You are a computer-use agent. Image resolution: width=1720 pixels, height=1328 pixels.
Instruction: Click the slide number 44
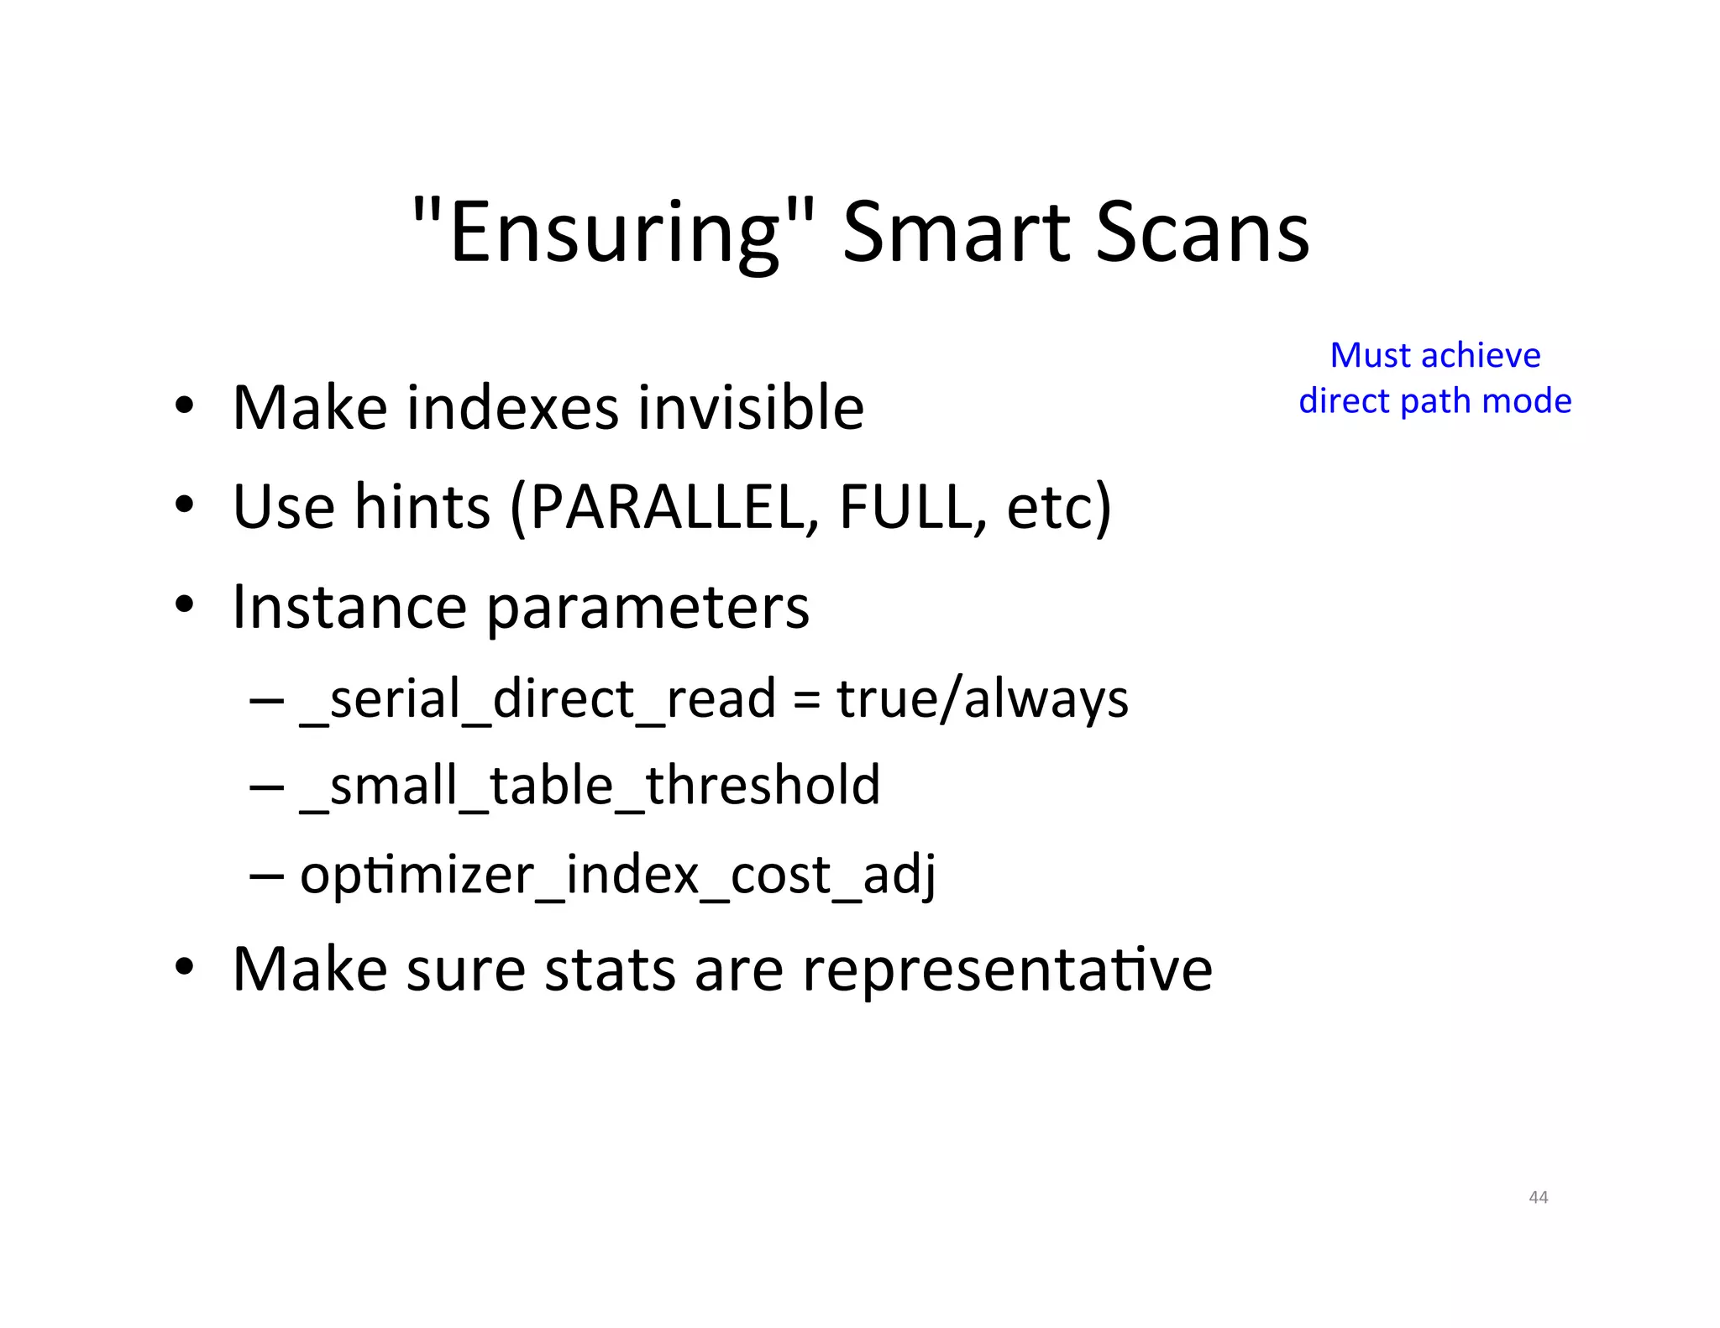tap(1538, 1197)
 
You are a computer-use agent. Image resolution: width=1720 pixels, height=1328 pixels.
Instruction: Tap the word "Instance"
tap(349, 607)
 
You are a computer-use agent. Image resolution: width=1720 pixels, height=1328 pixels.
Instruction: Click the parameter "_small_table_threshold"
tap(590, 787)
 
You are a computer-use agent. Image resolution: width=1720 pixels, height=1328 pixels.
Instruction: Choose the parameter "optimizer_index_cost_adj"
tap(617, 876)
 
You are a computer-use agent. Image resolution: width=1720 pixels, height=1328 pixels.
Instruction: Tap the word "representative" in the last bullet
tap(1007, 970)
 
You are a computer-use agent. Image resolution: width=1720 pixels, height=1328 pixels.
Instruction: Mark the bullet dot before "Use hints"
tap(185, 506)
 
